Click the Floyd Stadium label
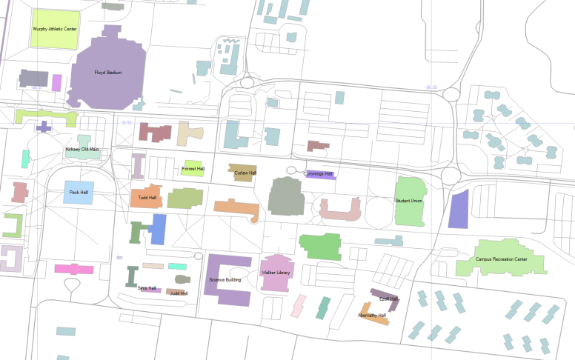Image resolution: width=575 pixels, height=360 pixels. pyautogui.click(x=108, y=73)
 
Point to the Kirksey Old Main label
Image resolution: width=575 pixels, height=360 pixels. pyautogui.click(x=82, y=150)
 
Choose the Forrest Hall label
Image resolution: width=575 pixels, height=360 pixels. pyautogui.click(x=193, y=169)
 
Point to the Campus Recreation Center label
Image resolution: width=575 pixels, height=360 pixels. pyautogui.click(x=501, y=259)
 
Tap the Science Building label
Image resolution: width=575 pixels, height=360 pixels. pyautogui.click(x=225, y=280)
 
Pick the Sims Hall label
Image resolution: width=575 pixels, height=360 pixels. pyautogui.click(x=147, y=288)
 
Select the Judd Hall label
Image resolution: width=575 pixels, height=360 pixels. pyautogui.click(x=179, y=293)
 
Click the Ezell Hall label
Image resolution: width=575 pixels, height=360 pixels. pyautogui.click(x=388, y=299)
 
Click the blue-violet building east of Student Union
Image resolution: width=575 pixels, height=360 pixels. pyautogui.click(x=459, y=209)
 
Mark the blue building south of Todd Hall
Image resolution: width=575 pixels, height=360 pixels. pyautogui.click(x=158, y=230)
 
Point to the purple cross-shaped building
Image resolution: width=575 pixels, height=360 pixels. pyautogui.click(x=44, y=126)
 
